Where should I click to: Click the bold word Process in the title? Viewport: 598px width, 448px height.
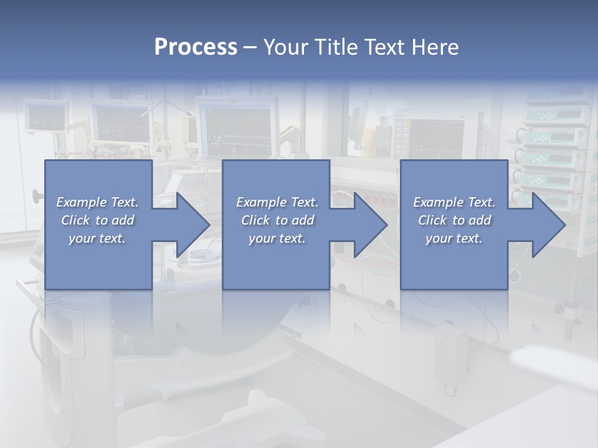pos(196,47)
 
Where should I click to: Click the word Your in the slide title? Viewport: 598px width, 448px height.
pos(285,47)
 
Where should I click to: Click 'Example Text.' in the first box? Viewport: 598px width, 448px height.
pos(97,202)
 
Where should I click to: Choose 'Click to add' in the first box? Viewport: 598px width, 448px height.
pos(97,220)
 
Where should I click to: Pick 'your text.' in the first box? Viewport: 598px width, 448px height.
pos(97,238)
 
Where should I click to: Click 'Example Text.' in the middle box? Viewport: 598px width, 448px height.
pos(277,202)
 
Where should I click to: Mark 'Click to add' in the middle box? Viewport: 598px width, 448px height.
pos(277,220)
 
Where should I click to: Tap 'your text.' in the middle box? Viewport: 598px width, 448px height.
pos(277,238)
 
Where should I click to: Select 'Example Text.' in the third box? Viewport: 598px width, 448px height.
pos(454,202)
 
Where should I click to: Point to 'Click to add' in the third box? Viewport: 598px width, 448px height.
pos(454,220)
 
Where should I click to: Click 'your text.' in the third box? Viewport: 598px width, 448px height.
pos(454,238)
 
